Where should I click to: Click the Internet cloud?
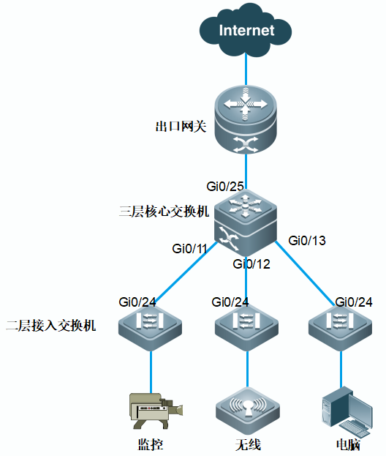click(x=246, y=31)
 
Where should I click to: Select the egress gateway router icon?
click(x=246, y=119)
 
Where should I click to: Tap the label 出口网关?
click(x=181, y=127)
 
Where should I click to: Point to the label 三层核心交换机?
click(x=164, y=212)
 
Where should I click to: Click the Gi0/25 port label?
click(x=225, y=187)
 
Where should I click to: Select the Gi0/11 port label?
click(x=189, y=249)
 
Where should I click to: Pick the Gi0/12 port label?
click(x=251, y=264)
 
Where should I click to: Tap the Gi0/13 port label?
click(x=307, y=241)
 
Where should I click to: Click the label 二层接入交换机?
click(x=51, y=326)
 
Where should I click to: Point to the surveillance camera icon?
click(x=156, y=411)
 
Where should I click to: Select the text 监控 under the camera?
click(x=151, y=445)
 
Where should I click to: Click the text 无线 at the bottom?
click(x=248, y=445)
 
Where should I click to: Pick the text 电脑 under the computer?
click(x=348, y=445)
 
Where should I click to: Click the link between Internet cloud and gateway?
click(x=246, y=70)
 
